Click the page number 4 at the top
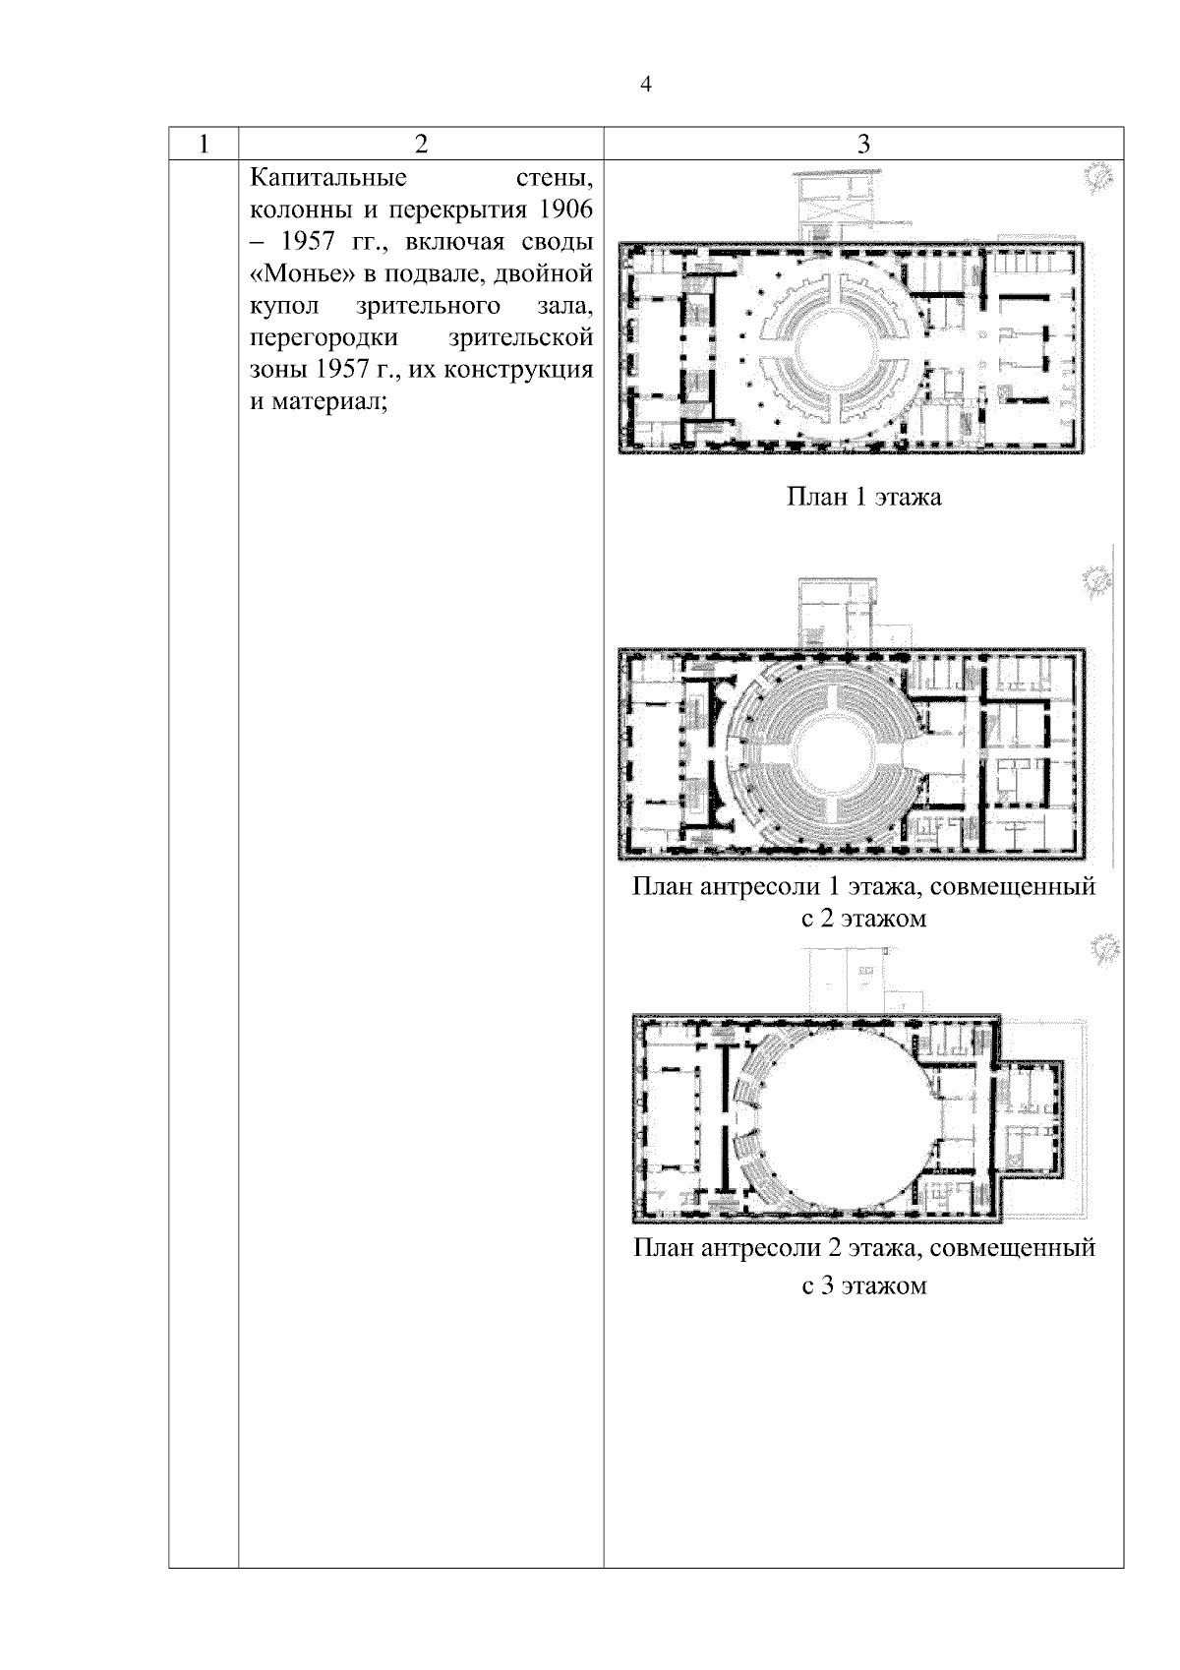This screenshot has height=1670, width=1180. click(645, 85)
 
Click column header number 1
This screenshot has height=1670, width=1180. click(204, 144)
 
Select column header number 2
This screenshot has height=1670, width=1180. click(421, 144)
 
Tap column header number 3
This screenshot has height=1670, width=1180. click(863, 144)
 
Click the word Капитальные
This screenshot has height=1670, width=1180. click(328, 178)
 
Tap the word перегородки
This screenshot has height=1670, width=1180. click(324, 338)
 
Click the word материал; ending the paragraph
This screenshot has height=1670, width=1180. click(329, 402)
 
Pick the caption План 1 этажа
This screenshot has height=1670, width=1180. click(864, 497)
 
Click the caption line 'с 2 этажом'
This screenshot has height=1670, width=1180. click(864, 918)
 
